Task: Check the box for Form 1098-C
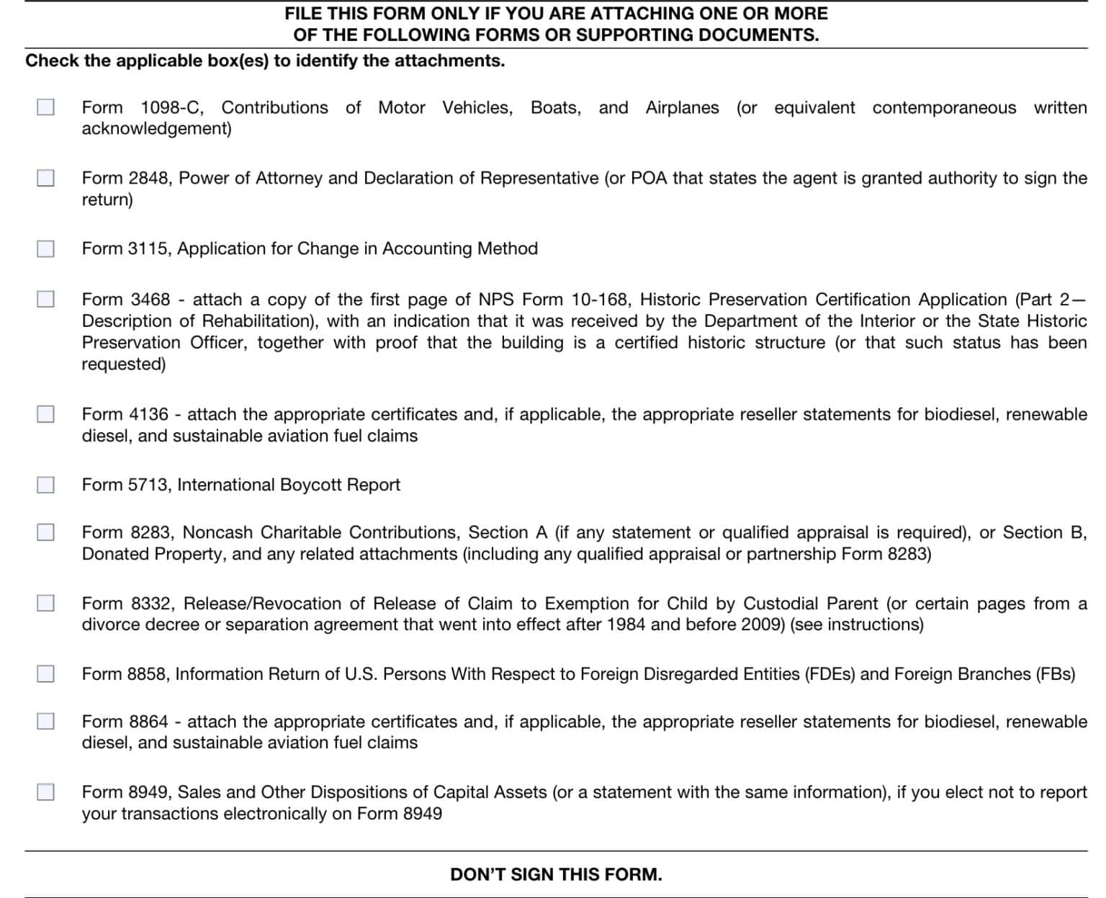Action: tap(45, 107)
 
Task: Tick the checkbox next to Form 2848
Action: tap(45, 178)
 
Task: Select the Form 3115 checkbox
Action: tap(45, 248)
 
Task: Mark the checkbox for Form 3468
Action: tap(45, 299)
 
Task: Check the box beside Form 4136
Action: tap(45, 414)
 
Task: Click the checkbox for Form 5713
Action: tap(45, 485)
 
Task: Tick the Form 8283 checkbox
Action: tap(45, 532)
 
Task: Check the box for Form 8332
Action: tap(45, 603)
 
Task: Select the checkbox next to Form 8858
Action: tap(45, 674)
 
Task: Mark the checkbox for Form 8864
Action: tap(45, 721)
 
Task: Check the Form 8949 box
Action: tap(45, 792)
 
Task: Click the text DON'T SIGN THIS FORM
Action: tap(556, 874)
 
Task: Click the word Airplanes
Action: tap(682, 108)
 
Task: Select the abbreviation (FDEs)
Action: tap(829, 674)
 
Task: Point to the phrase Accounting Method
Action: tap(459, 248)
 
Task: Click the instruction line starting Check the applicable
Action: tap(265, 60)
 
